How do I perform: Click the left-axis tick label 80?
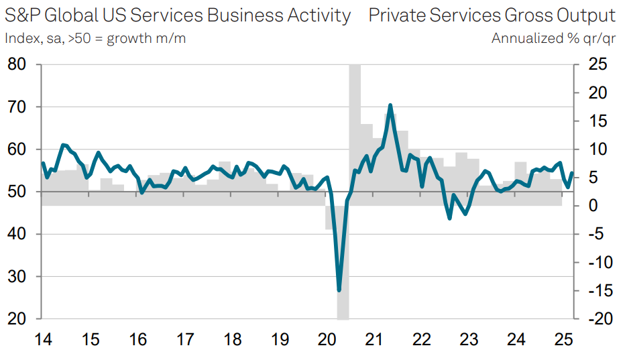click(16, 65)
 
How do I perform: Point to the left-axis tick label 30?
click(16, 277)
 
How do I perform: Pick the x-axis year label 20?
click(327, 340)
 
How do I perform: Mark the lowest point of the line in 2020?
click(339, 290)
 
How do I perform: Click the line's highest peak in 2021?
click(390, 105)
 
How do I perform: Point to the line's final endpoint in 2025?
click(571, 173)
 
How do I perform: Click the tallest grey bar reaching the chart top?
click(355, 134)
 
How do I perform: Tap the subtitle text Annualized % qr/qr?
click(553, 38)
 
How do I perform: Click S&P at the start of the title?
click(22, 15)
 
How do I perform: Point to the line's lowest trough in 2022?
click(449, 218)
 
